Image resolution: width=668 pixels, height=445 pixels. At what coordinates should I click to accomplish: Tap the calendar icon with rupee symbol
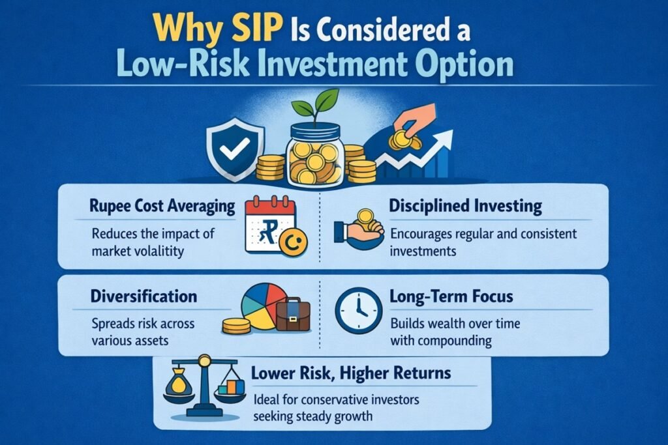269,226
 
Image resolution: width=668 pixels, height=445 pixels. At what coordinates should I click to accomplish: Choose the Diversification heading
144,296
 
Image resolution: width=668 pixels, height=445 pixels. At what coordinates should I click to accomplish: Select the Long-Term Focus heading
451,296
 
